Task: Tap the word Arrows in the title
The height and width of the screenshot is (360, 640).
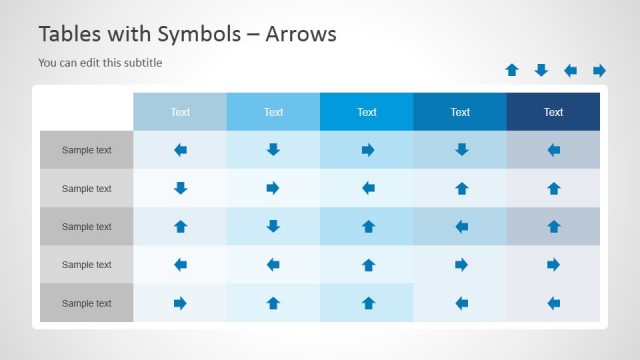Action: click(x=298, y=34)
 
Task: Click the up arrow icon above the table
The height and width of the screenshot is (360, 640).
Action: click(x=512, y=70)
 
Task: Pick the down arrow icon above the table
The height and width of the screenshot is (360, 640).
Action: click(x=541, y=70)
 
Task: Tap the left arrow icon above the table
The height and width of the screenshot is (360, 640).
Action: click(x=570, y=70)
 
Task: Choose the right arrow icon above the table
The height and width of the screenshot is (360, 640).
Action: click(x=599, y=70)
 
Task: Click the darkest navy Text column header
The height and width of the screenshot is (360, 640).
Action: click(x=553, y=112)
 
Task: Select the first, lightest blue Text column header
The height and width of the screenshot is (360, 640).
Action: click(x=180, y=112)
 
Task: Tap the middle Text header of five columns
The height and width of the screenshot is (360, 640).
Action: click(x=367, y=112)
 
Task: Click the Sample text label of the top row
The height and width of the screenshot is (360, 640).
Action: click(x=86, y=150)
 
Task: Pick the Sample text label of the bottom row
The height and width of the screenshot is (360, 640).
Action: click(x=86, y=303)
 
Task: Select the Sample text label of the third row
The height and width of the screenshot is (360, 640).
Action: click(x=86, y=227)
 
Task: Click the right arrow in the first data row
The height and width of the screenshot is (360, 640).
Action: click(x=367, y=150)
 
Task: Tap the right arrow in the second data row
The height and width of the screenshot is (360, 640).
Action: click(x=273, y=188)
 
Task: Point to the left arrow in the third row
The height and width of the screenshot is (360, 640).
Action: click(x=460, y=227)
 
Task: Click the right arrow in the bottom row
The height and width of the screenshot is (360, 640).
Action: click(x=180, y=303)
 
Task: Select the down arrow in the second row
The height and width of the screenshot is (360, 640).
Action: click(x=180, y=188)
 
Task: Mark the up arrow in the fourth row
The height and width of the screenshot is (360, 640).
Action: click(x=367, y=265)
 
